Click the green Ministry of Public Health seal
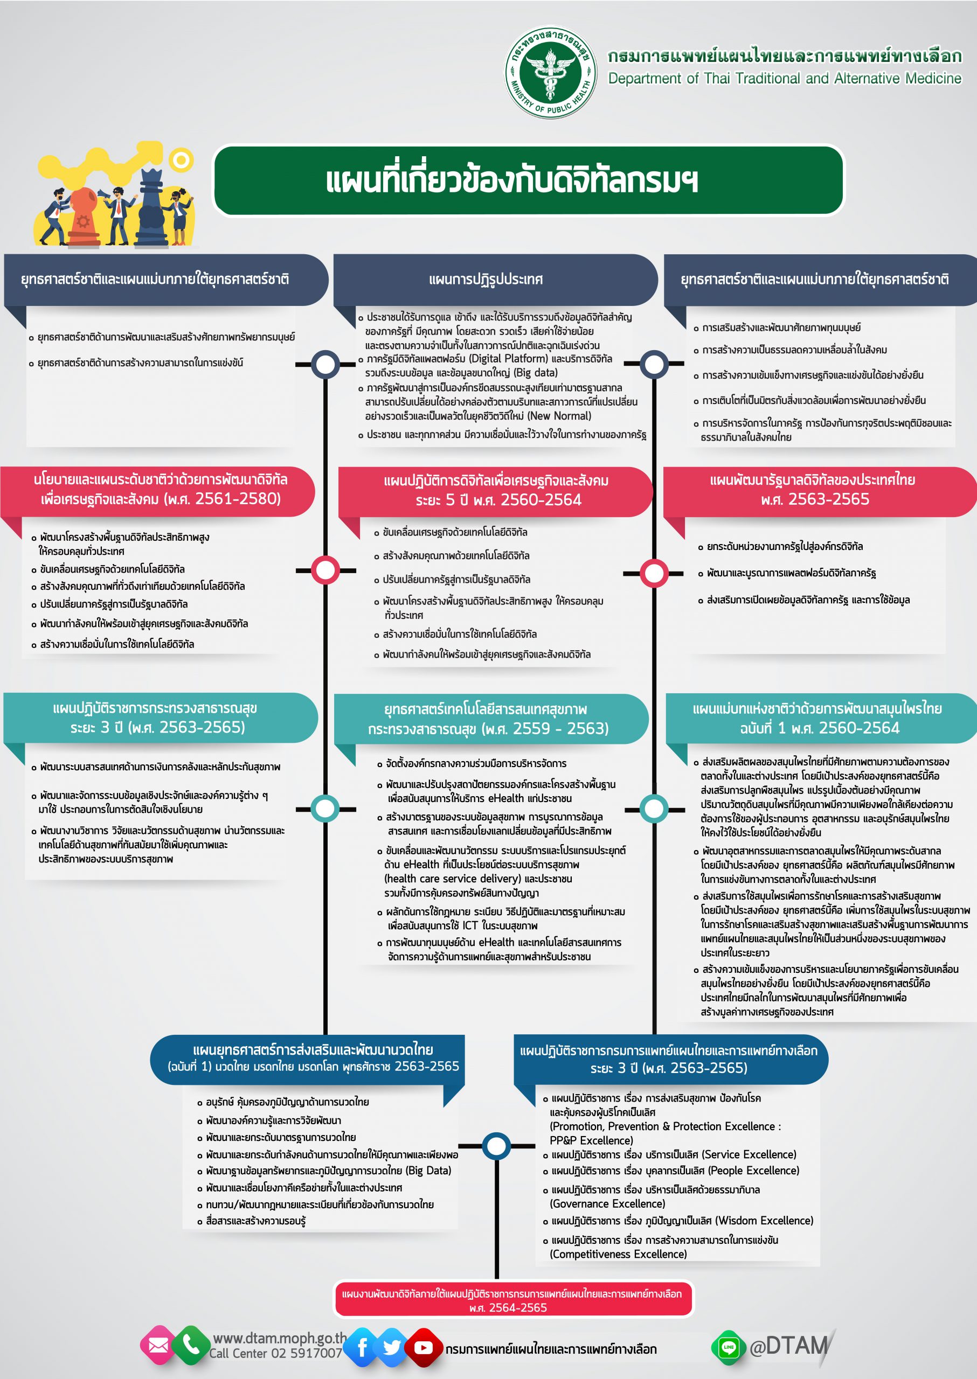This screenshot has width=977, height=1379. [x=550, y=72]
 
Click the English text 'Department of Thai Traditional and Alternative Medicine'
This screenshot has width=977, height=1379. [x=785, y=78]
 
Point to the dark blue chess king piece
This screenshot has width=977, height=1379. [x=151, y=208]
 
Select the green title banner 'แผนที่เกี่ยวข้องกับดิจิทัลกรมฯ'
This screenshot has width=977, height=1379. [x=529, y=180]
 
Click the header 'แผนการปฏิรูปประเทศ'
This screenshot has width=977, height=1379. [x=486, y=279]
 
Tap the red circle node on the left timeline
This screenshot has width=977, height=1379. [x=325, y=569]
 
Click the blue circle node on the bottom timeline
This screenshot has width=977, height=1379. [x=496, y=1146]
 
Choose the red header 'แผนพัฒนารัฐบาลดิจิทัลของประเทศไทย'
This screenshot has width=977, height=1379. [x=812, y=480]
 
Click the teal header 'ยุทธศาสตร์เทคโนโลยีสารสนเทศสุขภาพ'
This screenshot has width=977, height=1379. [x=486, y=709]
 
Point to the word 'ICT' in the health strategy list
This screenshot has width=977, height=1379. [x=470, y=925]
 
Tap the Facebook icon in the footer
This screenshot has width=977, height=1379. [x=363, y=1348]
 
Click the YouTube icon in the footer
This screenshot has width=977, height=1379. [x=423, y=1348]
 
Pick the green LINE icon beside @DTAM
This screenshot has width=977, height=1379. [x=729, y=1347]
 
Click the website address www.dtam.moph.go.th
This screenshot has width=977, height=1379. [x=280, y=1338]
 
